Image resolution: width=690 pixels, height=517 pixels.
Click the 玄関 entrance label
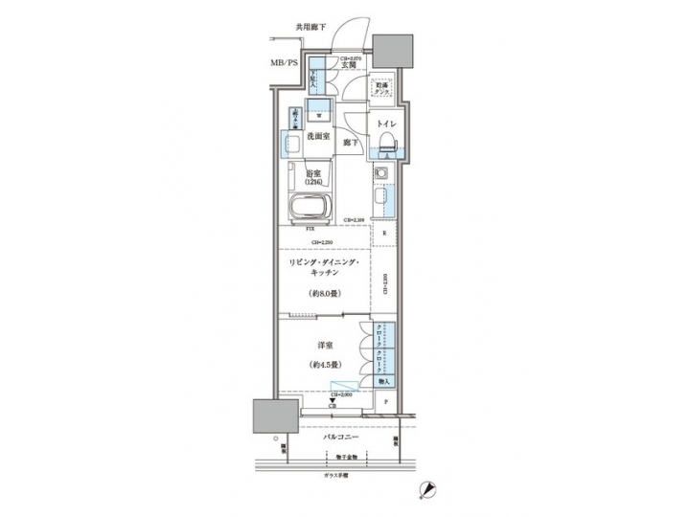pos(354,65)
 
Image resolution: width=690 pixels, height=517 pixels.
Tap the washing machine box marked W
pos(320,109)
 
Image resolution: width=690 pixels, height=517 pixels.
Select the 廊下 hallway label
pos(352,144)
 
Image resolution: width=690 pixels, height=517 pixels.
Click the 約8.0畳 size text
pos(322,293)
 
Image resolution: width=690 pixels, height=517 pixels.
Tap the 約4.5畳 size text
pos(322,365)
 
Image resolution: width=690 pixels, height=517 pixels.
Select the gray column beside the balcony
pos(271,416)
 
